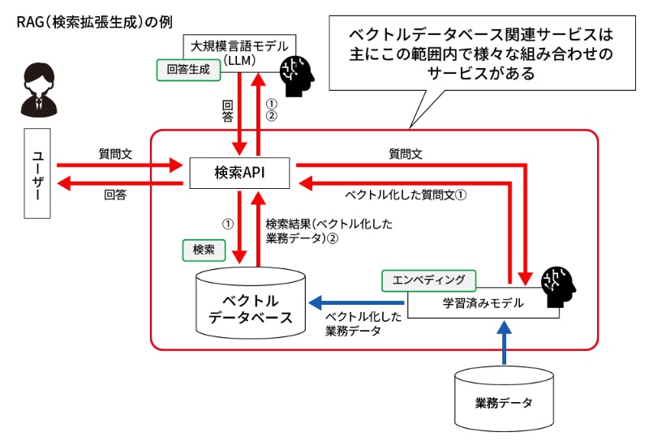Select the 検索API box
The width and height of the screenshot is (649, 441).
tap(240, 172)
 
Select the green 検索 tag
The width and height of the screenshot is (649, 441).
tap(204, 250)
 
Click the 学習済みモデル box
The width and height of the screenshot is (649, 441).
tap(471, 303)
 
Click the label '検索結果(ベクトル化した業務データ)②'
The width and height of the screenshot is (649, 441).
tap(329, 230)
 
